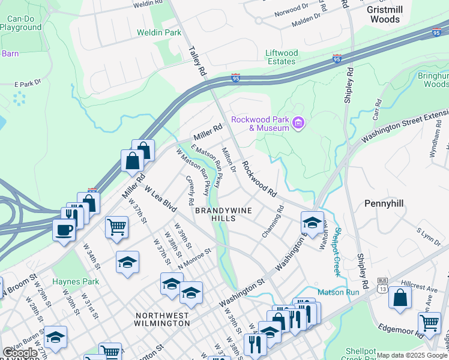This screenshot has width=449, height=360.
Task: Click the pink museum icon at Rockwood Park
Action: click(299, 124)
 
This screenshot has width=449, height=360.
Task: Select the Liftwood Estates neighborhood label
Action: click(281, 57)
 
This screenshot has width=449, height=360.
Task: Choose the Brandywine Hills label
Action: click(223, 214)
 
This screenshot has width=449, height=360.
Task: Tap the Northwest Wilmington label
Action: click(162, 319)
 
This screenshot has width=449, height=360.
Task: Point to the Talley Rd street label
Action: click(197, 60)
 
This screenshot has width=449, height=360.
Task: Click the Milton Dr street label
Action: click(229, 159)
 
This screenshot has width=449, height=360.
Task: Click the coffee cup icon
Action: click(64, 230)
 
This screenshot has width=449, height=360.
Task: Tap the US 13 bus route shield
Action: click(382, 285)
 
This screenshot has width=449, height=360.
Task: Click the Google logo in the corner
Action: click(20, 352)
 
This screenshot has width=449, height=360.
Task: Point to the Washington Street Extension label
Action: click(405, 125)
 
